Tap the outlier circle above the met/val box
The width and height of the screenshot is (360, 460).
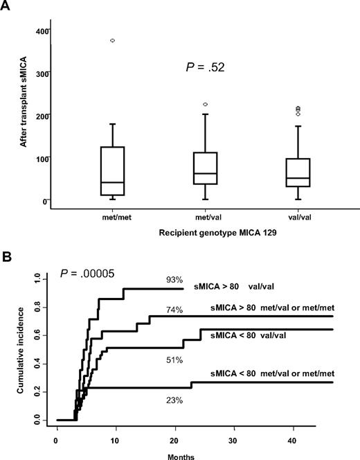pos(205,105)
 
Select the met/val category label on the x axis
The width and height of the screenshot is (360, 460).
pos(205,216)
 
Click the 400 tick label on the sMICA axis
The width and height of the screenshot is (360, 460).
pos(42,30)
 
